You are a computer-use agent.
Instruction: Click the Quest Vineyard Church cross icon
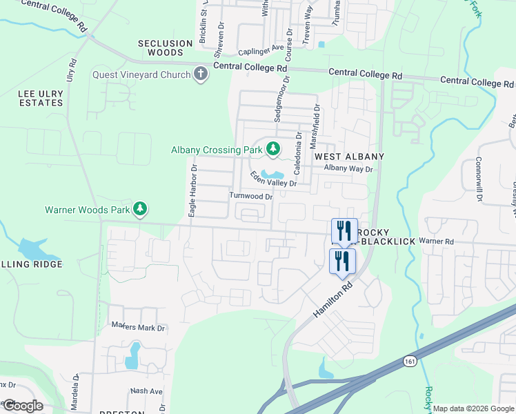[201, 74]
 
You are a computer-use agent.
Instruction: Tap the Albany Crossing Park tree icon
[273, 148]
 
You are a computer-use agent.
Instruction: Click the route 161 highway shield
[410, 360]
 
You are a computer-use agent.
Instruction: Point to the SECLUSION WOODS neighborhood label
[166, 48]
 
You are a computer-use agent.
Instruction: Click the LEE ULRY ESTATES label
[32, 97]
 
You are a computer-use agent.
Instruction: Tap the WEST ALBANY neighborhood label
[349, 157]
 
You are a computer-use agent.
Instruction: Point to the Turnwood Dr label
[251, 196]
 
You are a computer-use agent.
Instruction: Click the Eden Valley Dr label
[273, 179]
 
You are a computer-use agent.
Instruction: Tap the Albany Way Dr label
[348, 168]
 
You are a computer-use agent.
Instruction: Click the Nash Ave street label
[146, 391]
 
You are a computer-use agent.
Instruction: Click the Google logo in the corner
[22, 406]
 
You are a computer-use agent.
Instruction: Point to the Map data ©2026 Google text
[473, 408]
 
